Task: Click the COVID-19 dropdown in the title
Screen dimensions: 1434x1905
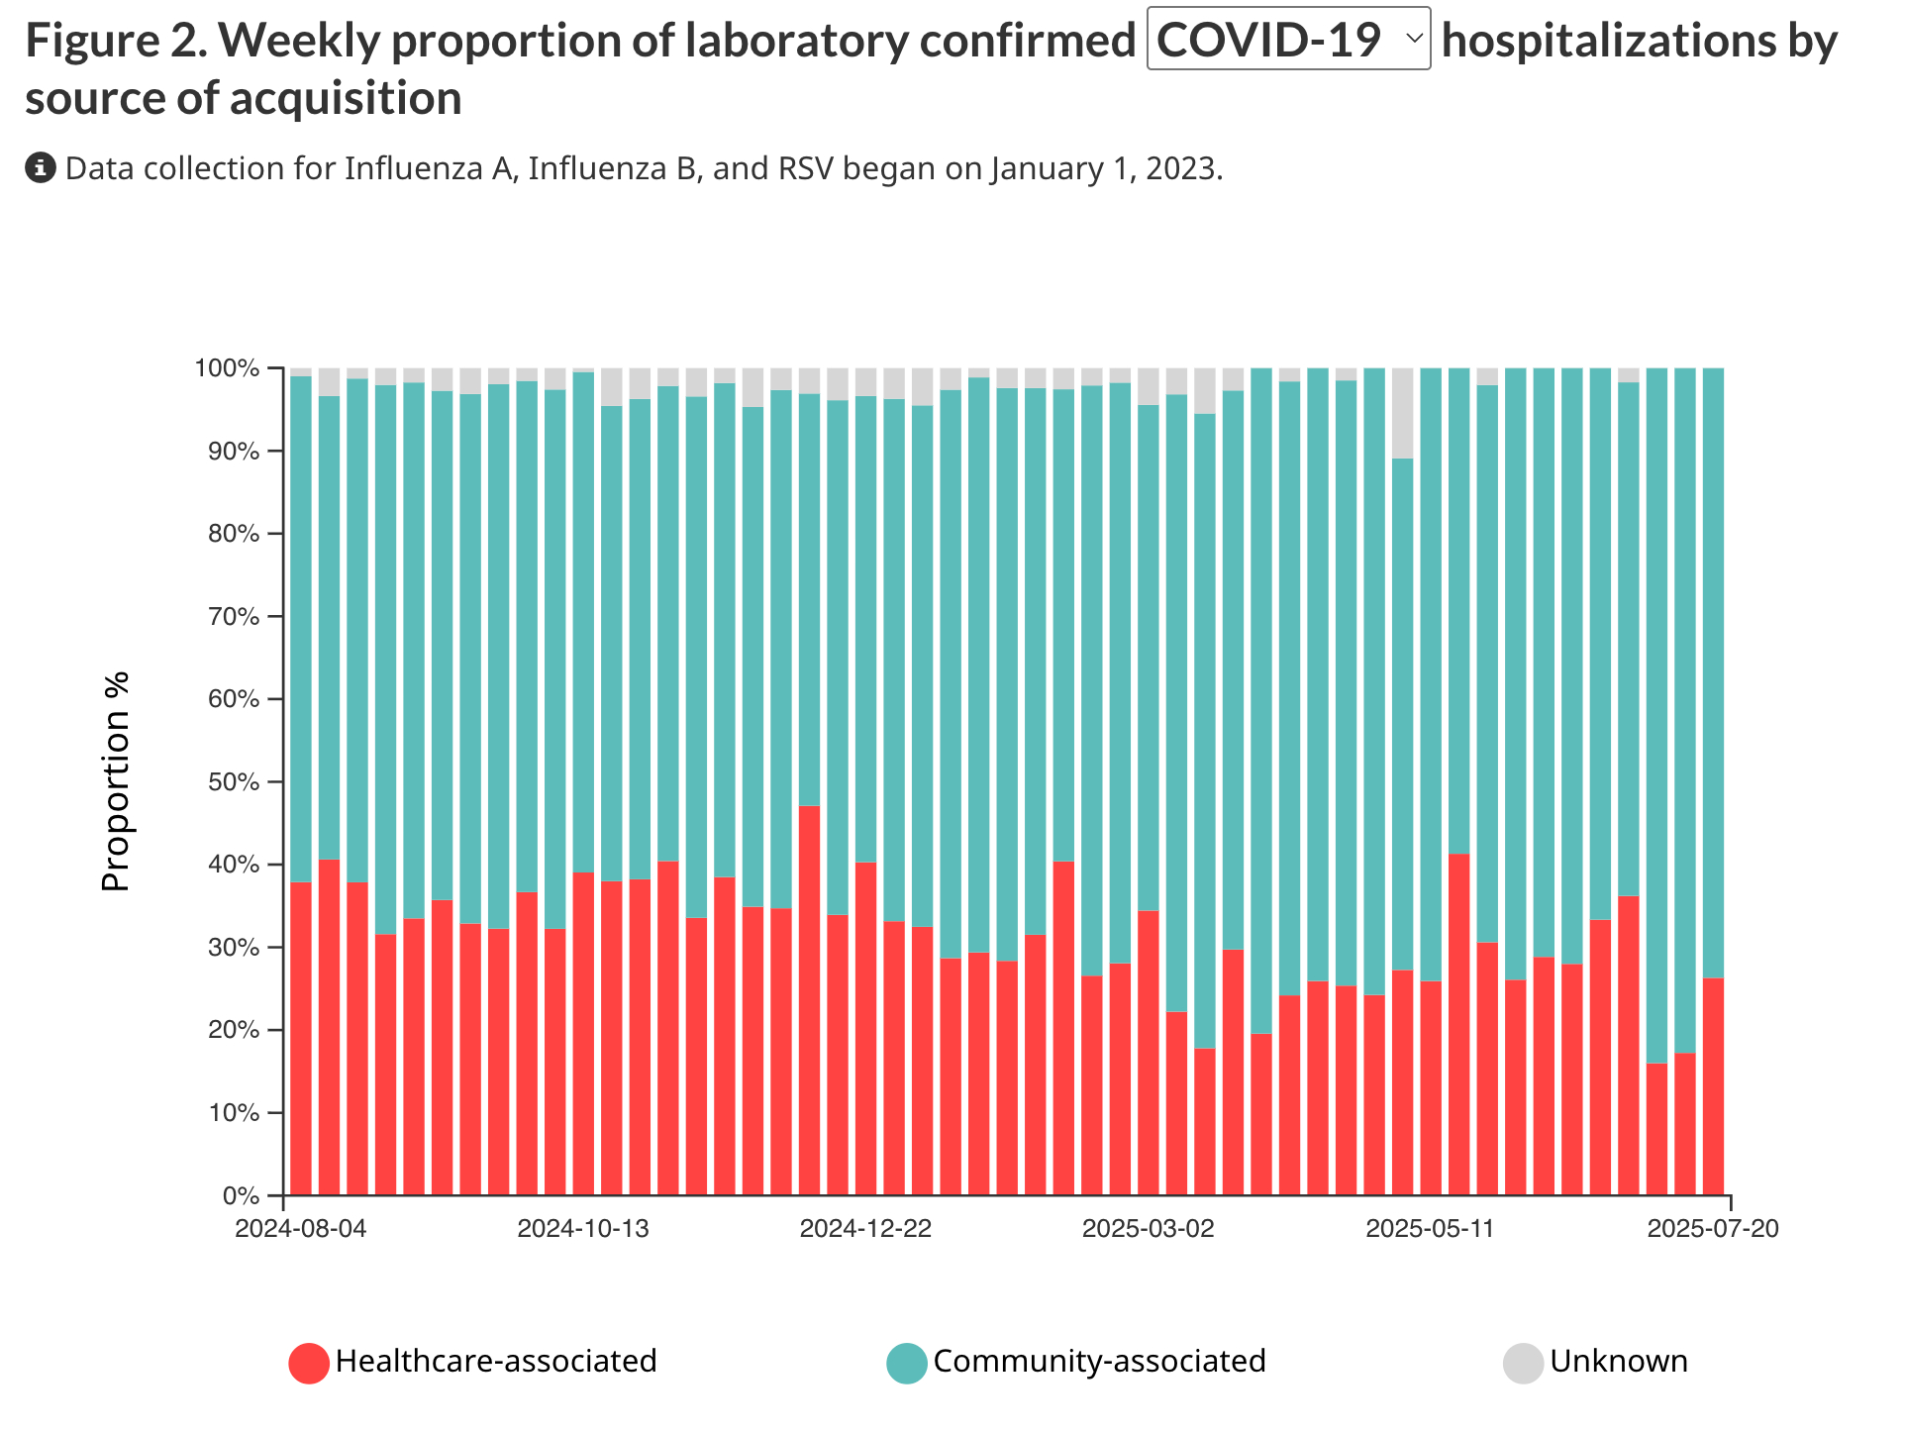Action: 1287,40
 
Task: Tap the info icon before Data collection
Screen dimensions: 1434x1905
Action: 40,168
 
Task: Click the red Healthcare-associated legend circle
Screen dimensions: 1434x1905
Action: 309,1363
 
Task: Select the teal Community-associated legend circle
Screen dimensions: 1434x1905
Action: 907,1363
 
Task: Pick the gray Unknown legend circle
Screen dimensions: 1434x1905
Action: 1523,1363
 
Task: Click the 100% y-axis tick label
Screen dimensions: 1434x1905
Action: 227,369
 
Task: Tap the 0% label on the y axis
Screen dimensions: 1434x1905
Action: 241,1195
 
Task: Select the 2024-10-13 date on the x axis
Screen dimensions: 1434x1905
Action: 583,1229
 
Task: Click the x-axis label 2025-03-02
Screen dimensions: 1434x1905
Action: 1148,1229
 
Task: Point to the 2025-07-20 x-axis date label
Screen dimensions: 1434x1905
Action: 1713,1229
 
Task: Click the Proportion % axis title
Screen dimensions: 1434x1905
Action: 116,782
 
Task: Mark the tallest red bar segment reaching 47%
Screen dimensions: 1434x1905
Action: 810,1000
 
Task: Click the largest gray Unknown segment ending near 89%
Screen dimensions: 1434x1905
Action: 1403,413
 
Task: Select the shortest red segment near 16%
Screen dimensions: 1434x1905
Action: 1657,1129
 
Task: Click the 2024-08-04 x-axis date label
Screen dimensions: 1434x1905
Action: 301,1229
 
